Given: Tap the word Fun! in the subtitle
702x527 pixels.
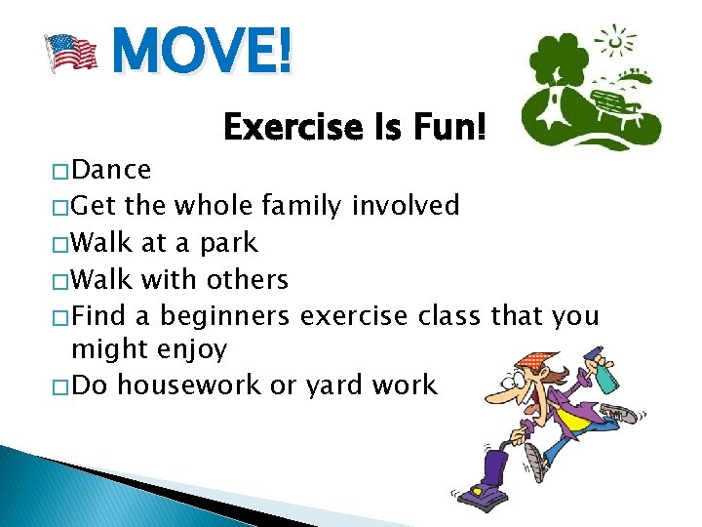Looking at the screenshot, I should pos(452,127).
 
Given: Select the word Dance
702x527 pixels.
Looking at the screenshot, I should pos(112,170).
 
